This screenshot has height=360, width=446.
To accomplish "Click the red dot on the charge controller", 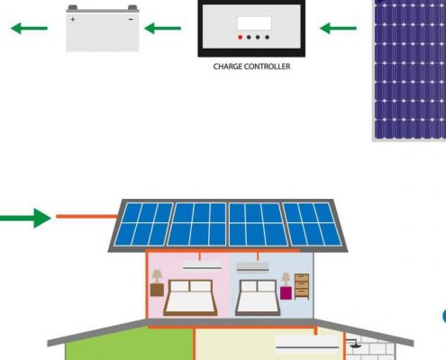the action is point(240,37).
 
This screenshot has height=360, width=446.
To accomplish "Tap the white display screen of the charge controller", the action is point(254,23).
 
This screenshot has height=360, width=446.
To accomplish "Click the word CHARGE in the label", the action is point(227,67).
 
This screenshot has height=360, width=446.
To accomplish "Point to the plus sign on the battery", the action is point(73,20).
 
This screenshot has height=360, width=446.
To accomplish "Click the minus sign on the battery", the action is point(131,20).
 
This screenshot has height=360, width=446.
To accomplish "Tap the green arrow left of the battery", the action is point(29,29).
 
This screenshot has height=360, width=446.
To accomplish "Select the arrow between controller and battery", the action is point(162,29).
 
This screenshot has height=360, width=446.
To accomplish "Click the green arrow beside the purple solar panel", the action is point(338,29).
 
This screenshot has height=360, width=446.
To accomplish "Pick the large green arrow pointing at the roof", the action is point(25,218).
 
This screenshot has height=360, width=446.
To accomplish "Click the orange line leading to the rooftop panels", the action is point(87,216).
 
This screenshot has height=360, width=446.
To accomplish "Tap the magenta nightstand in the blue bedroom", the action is point(286,293).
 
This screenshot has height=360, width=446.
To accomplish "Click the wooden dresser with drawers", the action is point(302,286).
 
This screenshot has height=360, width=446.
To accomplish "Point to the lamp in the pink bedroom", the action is point(157,276).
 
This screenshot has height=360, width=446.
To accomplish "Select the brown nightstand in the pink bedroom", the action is point(157,290).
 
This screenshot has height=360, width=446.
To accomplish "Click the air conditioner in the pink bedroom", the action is point(202,265).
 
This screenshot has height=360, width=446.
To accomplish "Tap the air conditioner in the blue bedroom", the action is point(252,267).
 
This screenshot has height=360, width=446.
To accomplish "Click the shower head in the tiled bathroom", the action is point(354,344).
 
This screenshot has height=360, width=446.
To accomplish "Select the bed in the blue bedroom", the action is point(258,298).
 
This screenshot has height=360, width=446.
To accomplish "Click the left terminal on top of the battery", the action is point(73,7).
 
